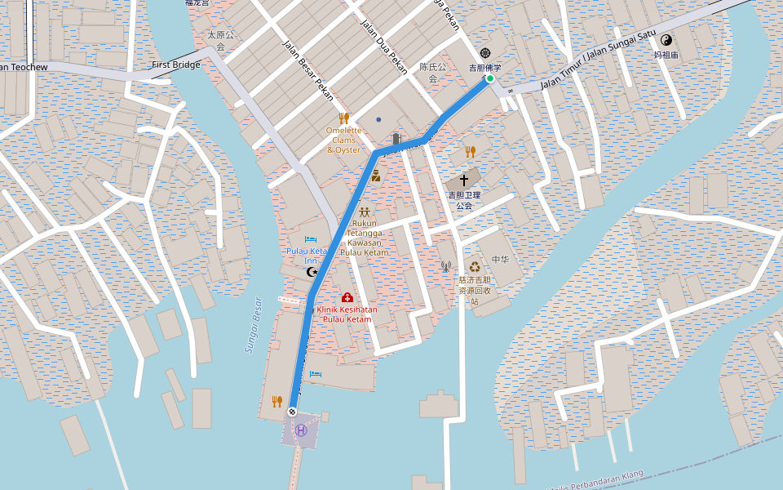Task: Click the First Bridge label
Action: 175,65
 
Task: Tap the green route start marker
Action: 489,78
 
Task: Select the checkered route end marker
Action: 293,412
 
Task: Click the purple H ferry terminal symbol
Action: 302,430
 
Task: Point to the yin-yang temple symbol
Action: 666,39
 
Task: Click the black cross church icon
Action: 464,179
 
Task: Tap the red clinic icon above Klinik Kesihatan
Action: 347,297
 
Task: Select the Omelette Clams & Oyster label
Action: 343,140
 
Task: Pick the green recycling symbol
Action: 474,266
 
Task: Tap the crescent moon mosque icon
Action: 311,272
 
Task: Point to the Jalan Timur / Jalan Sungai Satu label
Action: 599,58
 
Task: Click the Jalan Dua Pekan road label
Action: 383,47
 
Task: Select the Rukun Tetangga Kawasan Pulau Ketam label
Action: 364,238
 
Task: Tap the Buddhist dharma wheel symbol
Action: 485,51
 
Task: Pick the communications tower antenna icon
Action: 445,266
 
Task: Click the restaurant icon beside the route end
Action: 276,401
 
